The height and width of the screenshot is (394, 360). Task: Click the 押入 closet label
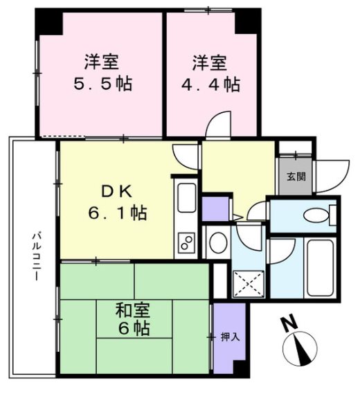tap(229, 337)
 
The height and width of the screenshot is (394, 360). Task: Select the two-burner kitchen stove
tap(187, 243)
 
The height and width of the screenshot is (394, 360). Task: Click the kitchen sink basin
tap(186, 200)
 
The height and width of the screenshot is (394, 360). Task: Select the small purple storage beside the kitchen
tap(214, 208)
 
